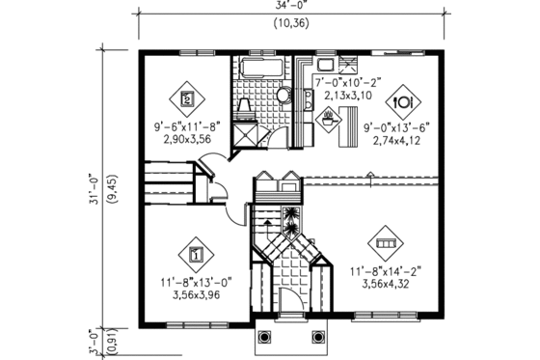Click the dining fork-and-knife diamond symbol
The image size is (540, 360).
[x=402, y=100]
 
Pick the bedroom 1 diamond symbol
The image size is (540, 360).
[x=196, y=256]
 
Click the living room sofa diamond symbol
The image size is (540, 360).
[x=386, y=240]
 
